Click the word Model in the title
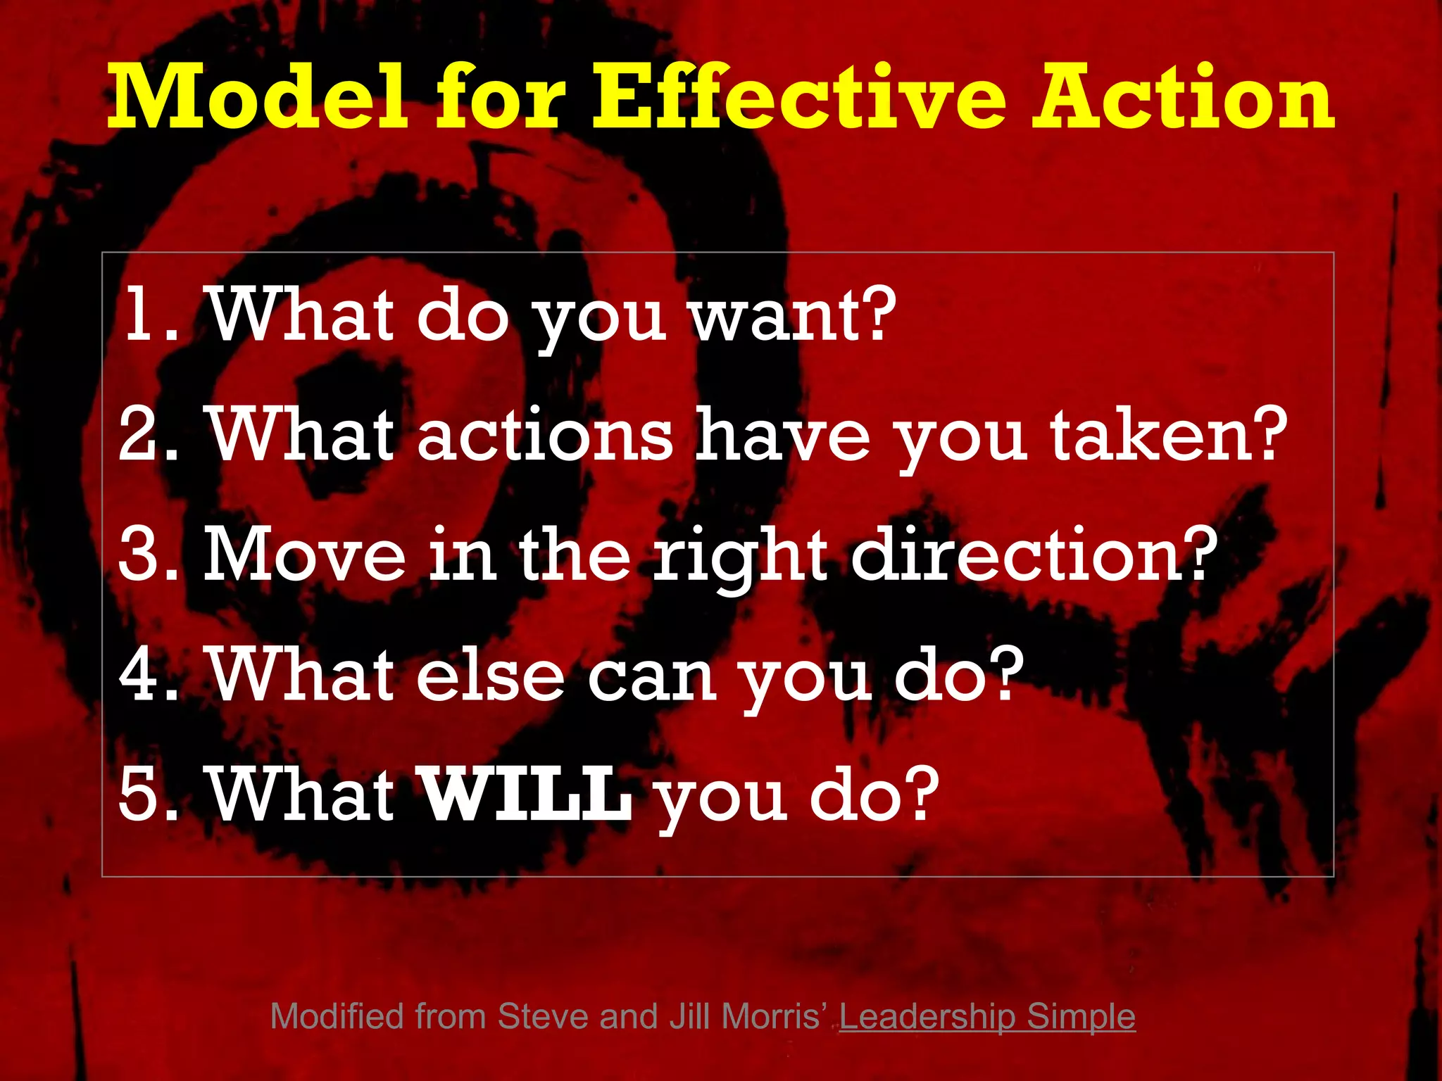[x=256, y=97]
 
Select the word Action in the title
[x=1183, y=97]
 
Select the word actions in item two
[x=544, y=435]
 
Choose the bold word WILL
[x=525, y=795]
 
